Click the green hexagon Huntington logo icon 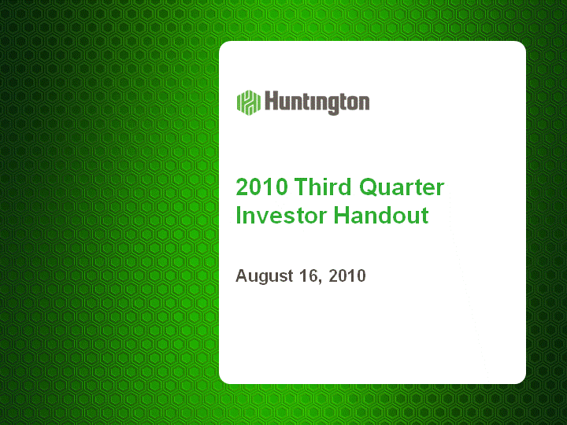point(249,102)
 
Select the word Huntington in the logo point(317,102)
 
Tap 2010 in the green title point(261,187)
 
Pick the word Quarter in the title point(402,187)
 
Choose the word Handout point(381,215)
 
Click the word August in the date point(265,276)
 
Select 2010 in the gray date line point(347,275)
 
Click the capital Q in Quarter point(369,187)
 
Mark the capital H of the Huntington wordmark point(271,101)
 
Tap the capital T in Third point(302,187)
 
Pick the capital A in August point(243,275)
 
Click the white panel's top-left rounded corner point(222,44)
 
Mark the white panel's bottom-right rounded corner point(523,381)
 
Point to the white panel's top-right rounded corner point(523,44)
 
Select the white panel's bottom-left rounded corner point(222,381)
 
